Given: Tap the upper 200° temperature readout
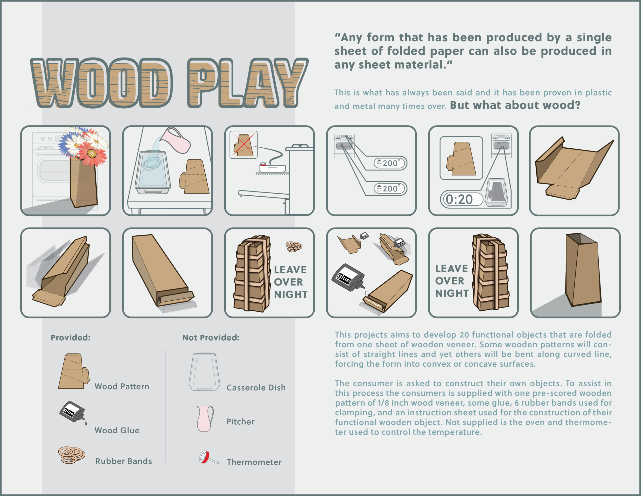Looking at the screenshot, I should click(x=390, y=163).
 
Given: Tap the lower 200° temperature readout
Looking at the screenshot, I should click(x=390, y=189).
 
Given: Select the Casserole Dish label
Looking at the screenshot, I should click(x=256, y=388).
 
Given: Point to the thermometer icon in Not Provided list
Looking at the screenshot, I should click(x=208, y=457).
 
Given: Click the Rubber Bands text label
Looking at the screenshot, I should click(x=124, y=461).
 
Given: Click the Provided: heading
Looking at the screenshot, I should click(x=71, y=338).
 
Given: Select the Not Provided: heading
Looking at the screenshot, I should click(x=211, y=338).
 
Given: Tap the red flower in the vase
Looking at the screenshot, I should click(x=92, y=154).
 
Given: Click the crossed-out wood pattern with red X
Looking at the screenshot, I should click(x=243, y=145).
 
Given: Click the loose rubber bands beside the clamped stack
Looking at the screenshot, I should click(x=294, y=246).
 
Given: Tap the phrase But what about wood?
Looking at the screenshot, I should click(x=515, y=105).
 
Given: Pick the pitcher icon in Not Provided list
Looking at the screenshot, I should click(x=205, y=419).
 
